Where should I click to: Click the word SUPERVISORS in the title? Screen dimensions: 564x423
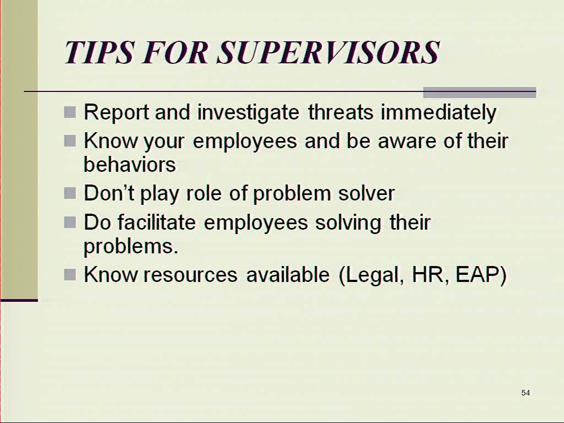point(328,52)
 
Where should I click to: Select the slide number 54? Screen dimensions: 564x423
point(525,393)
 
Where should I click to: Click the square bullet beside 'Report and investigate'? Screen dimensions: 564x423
point(70,112)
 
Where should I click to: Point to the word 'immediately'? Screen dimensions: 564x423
point(438,112)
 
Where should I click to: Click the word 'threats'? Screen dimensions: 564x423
point(340,112)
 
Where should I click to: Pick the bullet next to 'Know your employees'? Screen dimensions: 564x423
point(70,140)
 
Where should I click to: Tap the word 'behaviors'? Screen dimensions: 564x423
point(130,164)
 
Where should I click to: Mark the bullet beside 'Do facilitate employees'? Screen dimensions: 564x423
point(70,223)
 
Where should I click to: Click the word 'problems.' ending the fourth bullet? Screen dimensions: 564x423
point(131,247)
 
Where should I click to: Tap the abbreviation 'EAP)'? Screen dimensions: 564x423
point(481,275)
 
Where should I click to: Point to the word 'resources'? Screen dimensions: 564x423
point(190,275)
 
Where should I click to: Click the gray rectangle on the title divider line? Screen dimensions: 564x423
point(480,93)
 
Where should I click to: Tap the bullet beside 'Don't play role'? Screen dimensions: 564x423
point(70,193)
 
